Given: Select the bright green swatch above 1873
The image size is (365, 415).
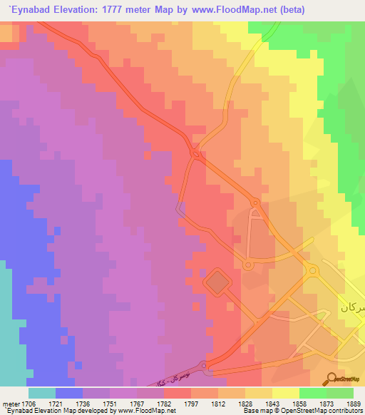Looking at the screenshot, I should pyautogui.click(x=312, y=393).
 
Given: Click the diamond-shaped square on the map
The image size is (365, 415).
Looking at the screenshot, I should pyautogui.click(x=217, y=284).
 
